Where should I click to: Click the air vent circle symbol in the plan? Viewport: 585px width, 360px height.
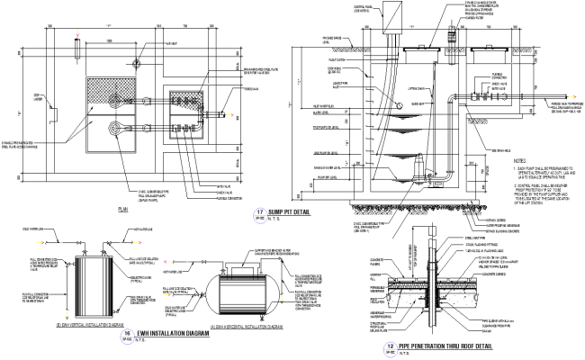[134, 62]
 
